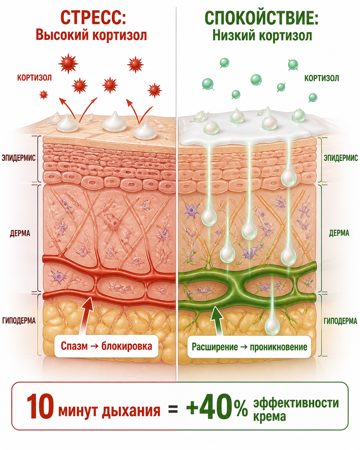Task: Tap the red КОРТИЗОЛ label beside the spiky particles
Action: (x=34, y=78)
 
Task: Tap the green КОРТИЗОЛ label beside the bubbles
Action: (x=321, y=78)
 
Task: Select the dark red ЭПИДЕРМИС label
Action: (x=19, y=158)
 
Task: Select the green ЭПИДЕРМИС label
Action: (x=341, y=158)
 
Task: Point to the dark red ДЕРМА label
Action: (x=20, y=233)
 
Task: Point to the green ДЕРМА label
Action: (x=339, y=233)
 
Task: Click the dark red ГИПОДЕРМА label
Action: (x=19, y=321)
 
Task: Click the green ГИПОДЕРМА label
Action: (x=340, y=321)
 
